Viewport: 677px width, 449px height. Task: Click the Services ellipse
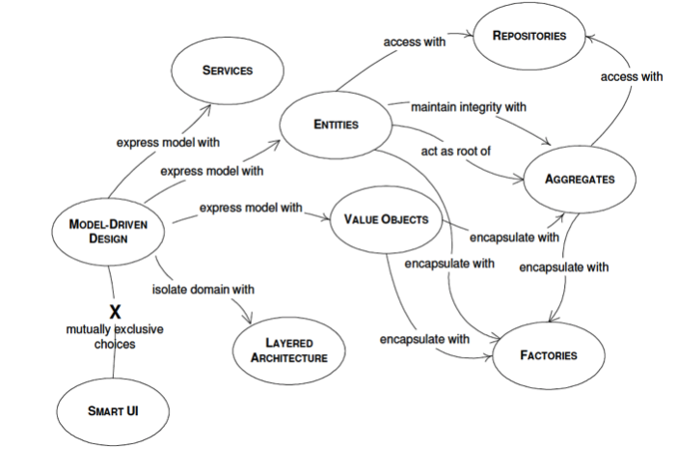click(x=228, y=70)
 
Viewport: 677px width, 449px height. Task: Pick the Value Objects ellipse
click(x=386, y=220)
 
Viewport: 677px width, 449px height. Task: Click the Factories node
click(x=549, y=355)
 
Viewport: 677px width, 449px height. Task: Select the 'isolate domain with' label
click(x=203, y=288)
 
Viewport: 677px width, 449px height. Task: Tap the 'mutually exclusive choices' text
click(x=115, y=336)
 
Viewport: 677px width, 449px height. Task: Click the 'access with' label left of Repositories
click(x=415, y=42)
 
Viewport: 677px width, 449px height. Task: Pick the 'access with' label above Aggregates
click(x=632, y=76)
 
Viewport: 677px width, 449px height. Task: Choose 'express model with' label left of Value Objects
click(x=251, y=208)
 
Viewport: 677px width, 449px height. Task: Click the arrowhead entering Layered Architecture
click(x=252, y=322)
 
